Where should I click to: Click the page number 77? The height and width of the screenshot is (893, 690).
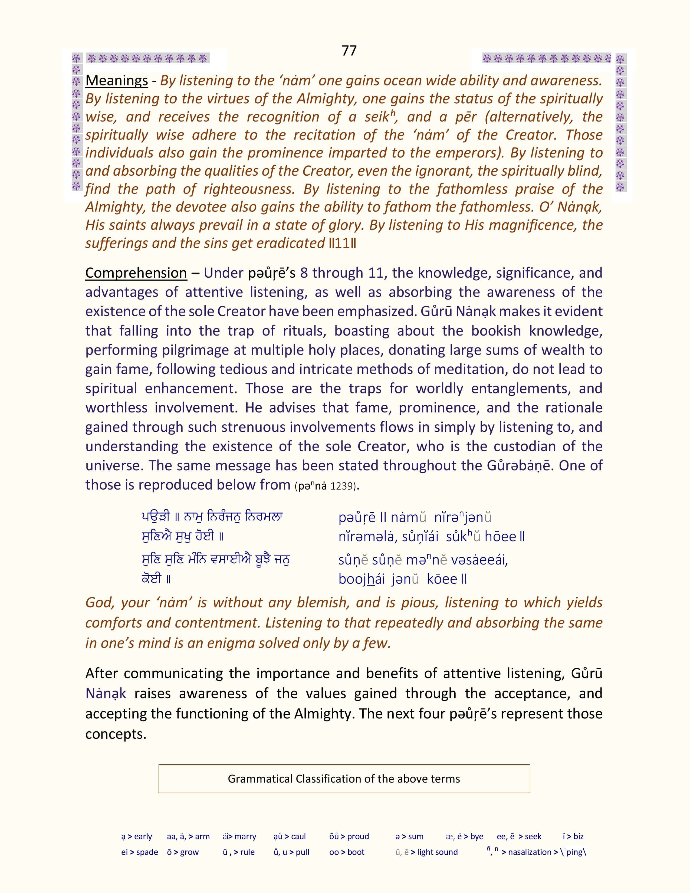click(349, 51)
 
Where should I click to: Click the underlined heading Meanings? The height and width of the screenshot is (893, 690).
click(117, 81)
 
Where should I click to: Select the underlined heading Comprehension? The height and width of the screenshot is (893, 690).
click(136, 273)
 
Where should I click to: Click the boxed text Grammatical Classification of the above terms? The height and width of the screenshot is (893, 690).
click(344, 779)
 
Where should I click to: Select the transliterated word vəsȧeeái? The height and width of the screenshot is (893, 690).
click(479, 560)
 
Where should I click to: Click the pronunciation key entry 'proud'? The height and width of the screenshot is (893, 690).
click(358, 836)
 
